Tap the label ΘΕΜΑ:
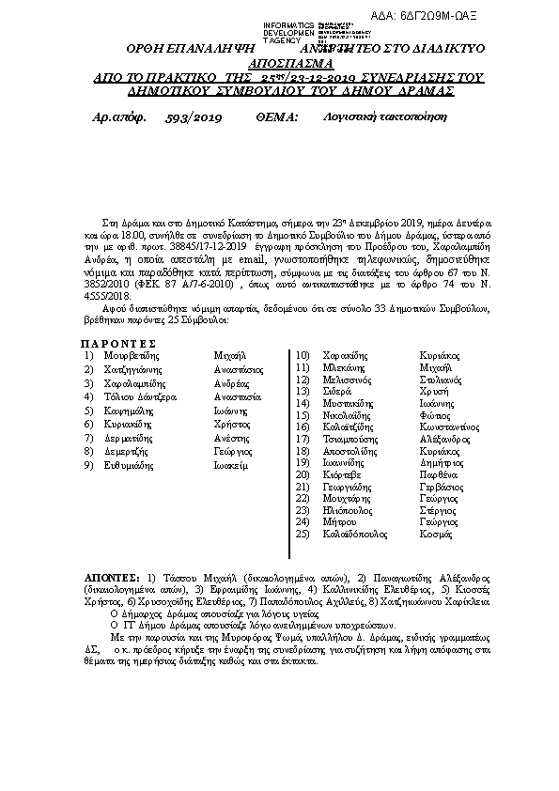tap(275, 118)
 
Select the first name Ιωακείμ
tap(230, 465)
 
